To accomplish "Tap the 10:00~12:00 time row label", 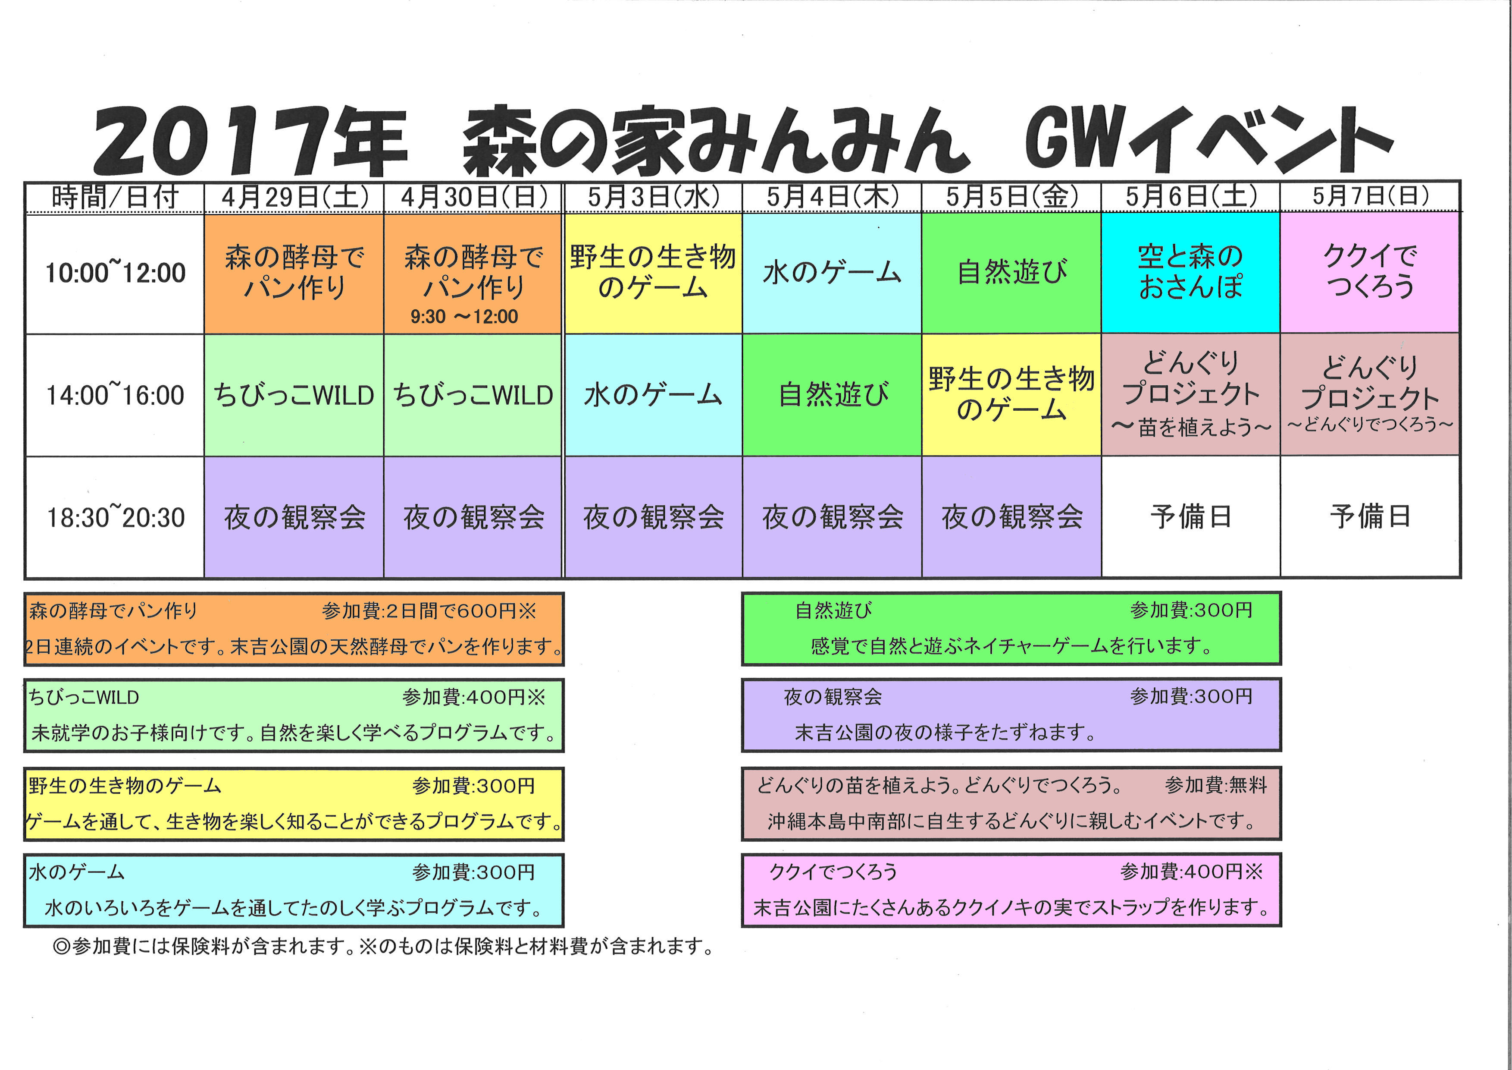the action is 115,272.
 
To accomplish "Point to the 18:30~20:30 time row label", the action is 115,517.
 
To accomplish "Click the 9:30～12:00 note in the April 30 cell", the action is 464,317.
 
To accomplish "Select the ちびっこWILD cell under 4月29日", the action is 294,395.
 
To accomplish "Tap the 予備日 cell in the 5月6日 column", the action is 1191,516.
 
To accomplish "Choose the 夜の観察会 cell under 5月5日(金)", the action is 1011,516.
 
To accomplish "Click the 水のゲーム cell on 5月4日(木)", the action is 832,272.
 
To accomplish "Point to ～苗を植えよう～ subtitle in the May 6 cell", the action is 1191,428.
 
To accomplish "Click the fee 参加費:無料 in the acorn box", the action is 1216,785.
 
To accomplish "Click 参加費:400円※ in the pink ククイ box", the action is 1191,872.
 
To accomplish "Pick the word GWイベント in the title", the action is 1209,140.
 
